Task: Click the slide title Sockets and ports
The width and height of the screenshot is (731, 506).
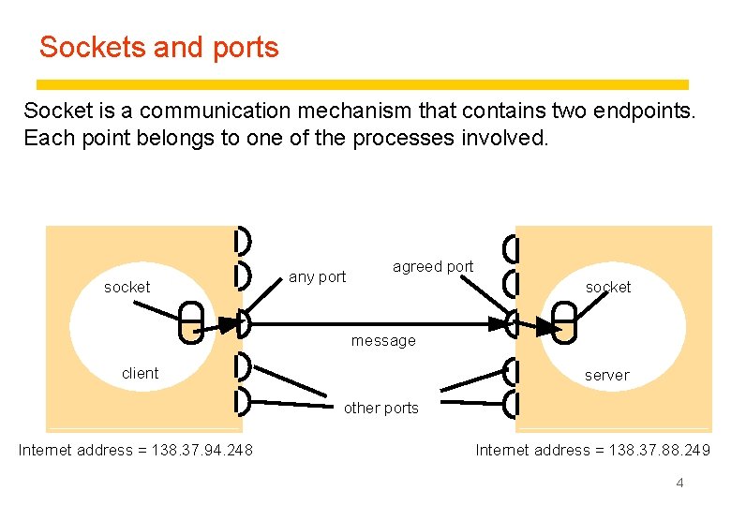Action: point(158,47)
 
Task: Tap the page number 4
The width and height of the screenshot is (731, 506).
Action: point(679,483)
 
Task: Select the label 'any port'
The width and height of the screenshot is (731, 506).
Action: point(317,276)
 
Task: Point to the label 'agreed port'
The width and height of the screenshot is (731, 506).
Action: point(433,266)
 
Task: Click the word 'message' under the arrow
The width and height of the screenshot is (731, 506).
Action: point(382,340)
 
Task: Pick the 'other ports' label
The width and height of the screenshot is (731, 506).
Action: point(380,408)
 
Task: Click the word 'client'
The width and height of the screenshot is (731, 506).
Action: point(140,373)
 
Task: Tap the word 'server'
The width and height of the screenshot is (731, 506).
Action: point(606,375)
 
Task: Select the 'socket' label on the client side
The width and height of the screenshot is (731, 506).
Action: point(127,287)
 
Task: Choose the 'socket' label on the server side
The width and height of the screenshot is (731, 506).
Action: point(608,287)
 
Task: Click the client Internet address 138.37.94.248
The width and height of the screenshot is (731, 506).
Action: point(135,450)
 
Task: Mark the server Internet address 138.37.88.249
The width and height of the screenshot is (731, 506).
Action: point(592,450)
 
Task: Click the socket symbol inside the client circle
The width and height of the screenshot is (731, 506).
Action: point(190,323)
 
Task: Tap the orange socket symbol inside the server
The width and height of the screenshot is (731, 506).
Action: point(564,323)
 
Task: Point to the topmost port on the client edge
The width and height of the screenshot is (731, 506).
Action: point(242,241)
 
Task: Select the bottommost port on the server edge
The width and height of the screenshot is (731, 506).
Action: point(511,404)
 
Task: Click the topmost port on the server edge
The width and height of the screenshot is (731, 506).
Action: point(511,249)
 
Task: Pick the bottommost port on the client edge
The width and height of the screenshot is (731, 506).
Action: point(242,401)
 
